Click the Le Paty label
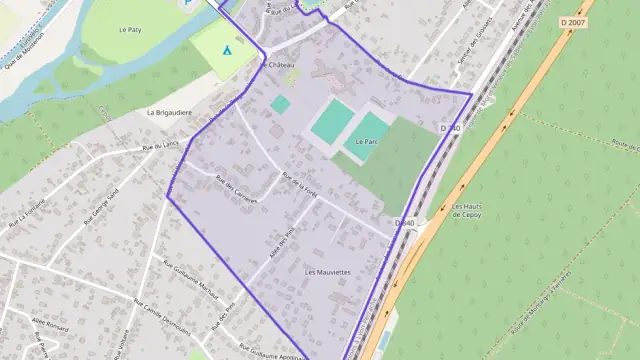click(x=130, y=31)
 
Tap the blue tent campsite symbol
click(x=227, y=48)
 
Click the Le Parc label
click(x=367, y=142)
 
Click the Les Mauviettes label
click(x=328, y=272)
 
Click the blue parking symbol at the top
click(x=187, y=4)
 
